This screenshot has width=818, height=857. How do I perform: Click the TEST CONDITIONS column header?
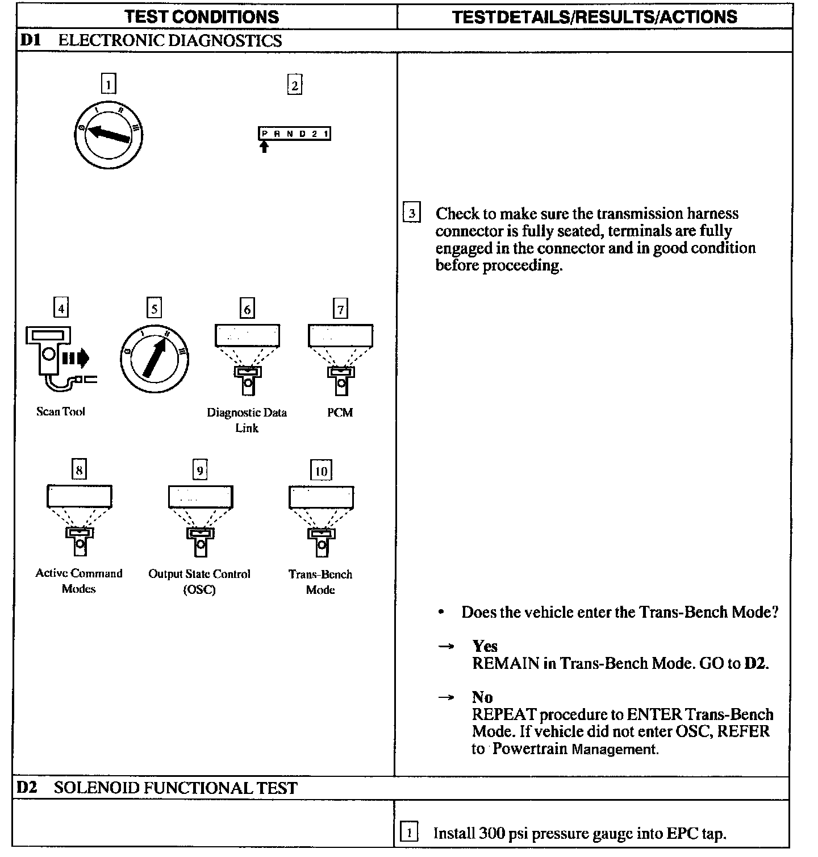pyautogui.click(x=202, y=16)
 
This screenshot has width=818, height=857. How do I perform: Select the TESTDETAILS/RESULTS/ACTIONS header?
pyautogui.click(x=594, y=16)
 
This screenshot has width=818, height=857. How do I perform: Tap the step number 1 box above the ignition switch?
pyautogui.click(x=108, y=84)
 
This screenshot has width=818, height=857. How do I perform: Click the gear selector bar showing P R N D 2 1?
pyautogui.click(x=294, y=134)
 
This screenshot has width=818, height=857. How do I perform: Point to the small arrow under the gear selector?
pyautogui.click(x=264, y=147)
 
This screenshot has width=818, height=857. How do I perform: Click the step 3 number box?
pyautogui.click(x=411, y=214)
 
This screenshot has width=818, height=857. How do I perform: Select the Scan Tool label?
pyautogui.click(x=61, y=411)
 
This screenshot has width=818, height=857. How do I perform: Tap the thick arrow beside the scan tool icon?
pyautogui.click(x=76, y=358)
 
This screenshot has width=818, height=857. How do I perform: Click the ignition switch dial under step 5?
pyautogui.click(x=154, y=359)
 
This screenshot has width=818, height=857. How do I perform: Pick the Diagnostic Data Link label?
pyautogui.click(x=247, y=420)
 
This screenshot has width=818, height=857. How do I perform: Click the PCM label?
pyautogui.click(x=340, y=413)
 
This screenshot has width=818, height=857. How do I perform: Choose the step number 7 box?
pyautogui.click(x=340, y=310)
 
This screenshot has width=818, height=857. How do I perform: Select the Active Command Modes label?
pyautogui.click(x=79, y=581)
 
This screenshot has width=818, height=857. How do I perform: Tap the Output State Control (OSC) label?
pyautogui.click(x=199, y=581)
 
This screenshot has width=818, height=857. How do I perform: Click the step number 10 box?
pyautogui.click(x=321, y=471)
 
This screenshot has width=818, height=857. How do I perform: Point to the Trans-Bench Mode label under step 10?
pyautogui.click(x=320, y=582)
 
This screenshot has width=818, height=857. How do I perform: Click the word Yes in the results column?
pyautogui.click(x=485, y=646)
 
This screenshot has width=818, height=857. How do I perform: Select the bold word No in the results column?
pyautogui.click(x=482, y=697)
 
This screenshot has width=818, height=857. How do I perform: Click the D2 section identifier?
pyautogui.click(x=27, y=788)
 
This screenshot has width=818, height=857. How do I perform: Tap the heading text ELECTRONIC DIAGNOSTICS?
pyautogui.click(x=170, y=40)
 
